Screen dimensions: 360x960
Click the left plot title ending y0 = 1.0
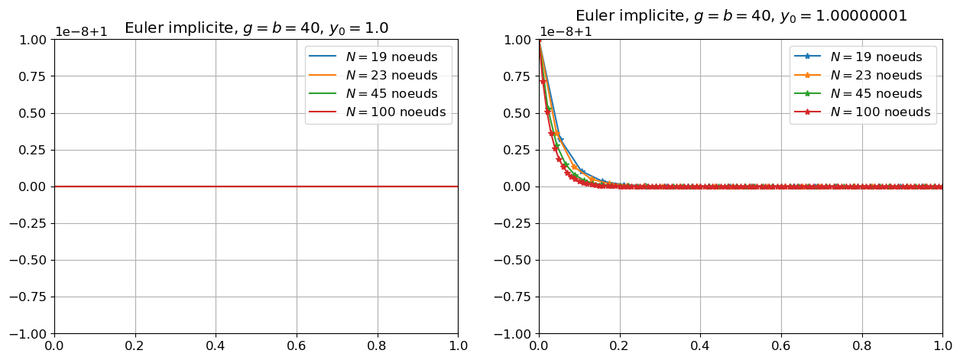pyautogui.click(x=256, y=28)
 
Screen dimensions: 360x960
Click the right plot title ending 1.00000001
pyautogui.click(x=741, y=15)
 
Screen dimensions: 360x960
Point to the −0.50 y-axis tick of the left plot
pyautogui.click(x=31, y=260)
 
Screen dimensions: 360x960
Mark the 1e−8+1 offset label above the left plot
pyautogui.click(x=81, y=32)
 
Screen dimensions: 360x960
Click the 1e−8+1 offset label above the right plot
pyautogui.click(x=566, y=32)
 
